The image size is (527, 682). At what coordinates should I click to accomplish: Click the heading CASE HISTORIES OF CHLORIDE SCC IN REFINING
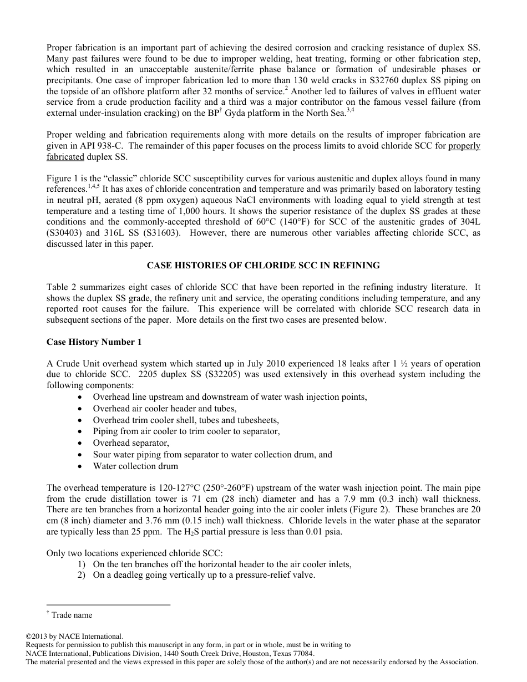tap(263, 266)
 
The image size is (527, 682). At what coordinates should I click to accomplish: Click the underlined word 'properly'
tap(464, 146)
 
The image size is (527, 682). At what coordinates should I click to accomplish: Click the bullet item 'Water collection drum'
tap(135, 466)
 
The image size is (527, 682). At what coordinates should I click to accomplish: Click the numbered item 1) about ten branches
tap(222, 564)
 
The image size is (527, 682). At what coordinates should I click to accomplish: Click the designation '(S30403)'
tap(65, 233)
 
